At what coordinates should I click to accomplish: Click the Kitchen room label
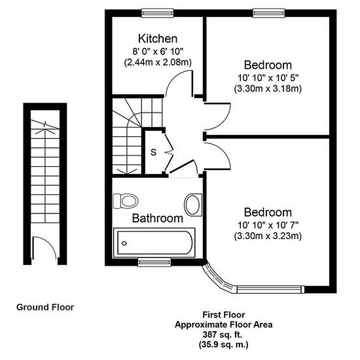pos(158,39)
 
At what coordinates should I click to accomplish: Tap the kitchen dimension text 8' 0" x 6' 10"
pos(158,52)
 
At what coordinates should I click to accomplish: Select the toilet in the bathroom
pos(126,201)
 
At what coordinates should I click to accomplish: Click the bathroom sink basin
pos(193,205)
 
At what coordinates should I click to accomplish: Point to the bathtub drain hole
pos(124,243)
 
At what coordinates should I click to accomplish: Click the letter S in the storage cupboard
pos(153,153)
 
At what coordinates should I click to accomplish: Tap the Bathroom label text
pos(158,218)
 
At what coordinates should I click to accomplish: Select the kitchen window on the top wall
pos(158,13)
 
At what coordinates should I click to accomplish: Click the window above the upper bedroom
pos(269,13)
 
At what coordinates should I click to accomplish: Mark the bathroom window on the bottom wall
pos(154,262)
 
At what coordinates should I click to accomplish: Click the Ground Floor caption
pos(45,307)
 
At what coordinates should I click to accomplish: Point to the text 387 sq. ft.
pos(223,334)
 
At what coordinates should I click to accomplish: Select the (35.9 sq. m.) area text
pos(223,344)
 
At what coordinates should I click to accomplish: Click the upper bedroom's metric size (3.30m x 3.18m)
pos(268,88)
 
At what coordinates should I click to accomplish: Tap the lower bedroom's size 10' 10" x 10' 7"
pos(268,225)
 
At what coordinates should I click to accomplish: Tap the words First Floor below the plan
pos(224,315)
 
